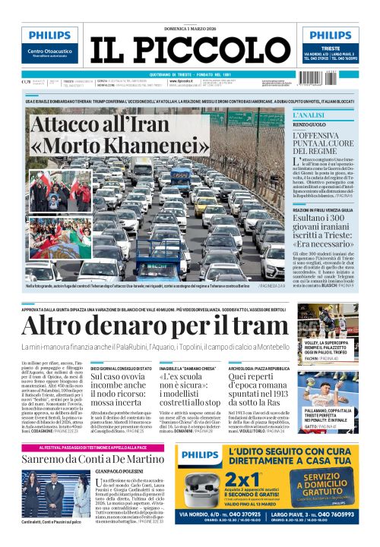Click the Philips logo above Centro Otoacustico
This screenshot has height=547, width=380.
pyautogui.click(x=49, y=36)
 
